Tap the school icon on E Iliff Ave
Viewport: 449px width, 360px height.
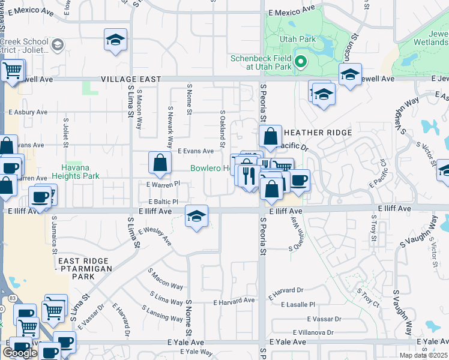pos(196,217)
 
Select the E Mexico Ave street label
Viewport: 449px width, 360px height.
pos(291,11)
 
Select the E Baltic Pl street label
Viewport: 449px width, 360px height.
pos(158,202)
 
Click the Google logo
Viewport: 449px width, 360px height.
pos(20,352)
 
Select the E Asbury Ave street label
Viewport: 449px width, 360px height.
pos(28,112)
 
